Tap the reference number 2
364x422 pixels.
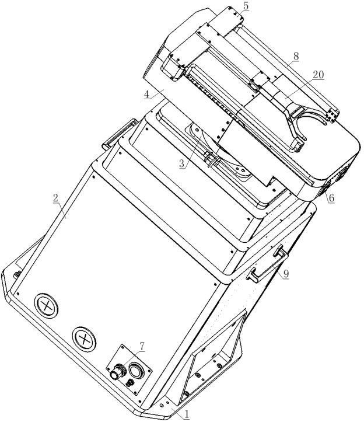tap(55, 198)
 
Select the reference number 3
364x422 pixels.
tap(183, 163)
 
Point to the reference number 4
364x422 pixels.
tap(147, 94)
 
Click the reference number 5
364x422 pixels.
tap(246, 6)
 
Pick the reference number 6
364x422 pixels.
tap(331, 198)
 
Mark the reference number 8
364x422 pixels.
tap(296, 56)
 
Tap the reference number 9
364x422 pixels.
tap(286, 274)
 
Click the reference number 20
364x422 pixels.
tap(318, 75)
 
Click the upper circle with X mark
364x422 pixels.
tap(46, 305)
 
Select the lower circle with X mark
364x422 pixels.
tap(84, 339)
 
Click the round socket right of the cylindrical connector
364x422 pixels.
tap(136, 371)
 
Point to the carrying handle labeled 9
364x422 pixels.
tap(267, 263)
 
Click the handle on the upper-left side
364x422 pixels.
tap(118, 133)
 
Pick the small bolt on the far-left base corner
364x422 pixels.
tap(17, 274)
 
